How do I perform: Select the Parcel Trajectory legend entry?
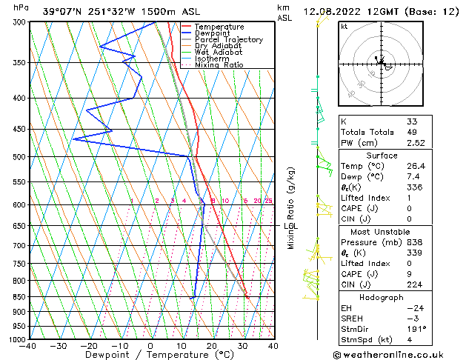[x=228, y=40]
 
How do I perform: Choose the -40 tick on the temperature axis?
[x=28, y=346]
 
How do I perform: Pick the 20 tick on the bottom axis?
[x=212, y=346]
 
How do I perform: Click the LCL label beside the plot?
[x=290, y=226]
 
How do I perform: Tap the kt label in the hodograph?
[x=344, y=27]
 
